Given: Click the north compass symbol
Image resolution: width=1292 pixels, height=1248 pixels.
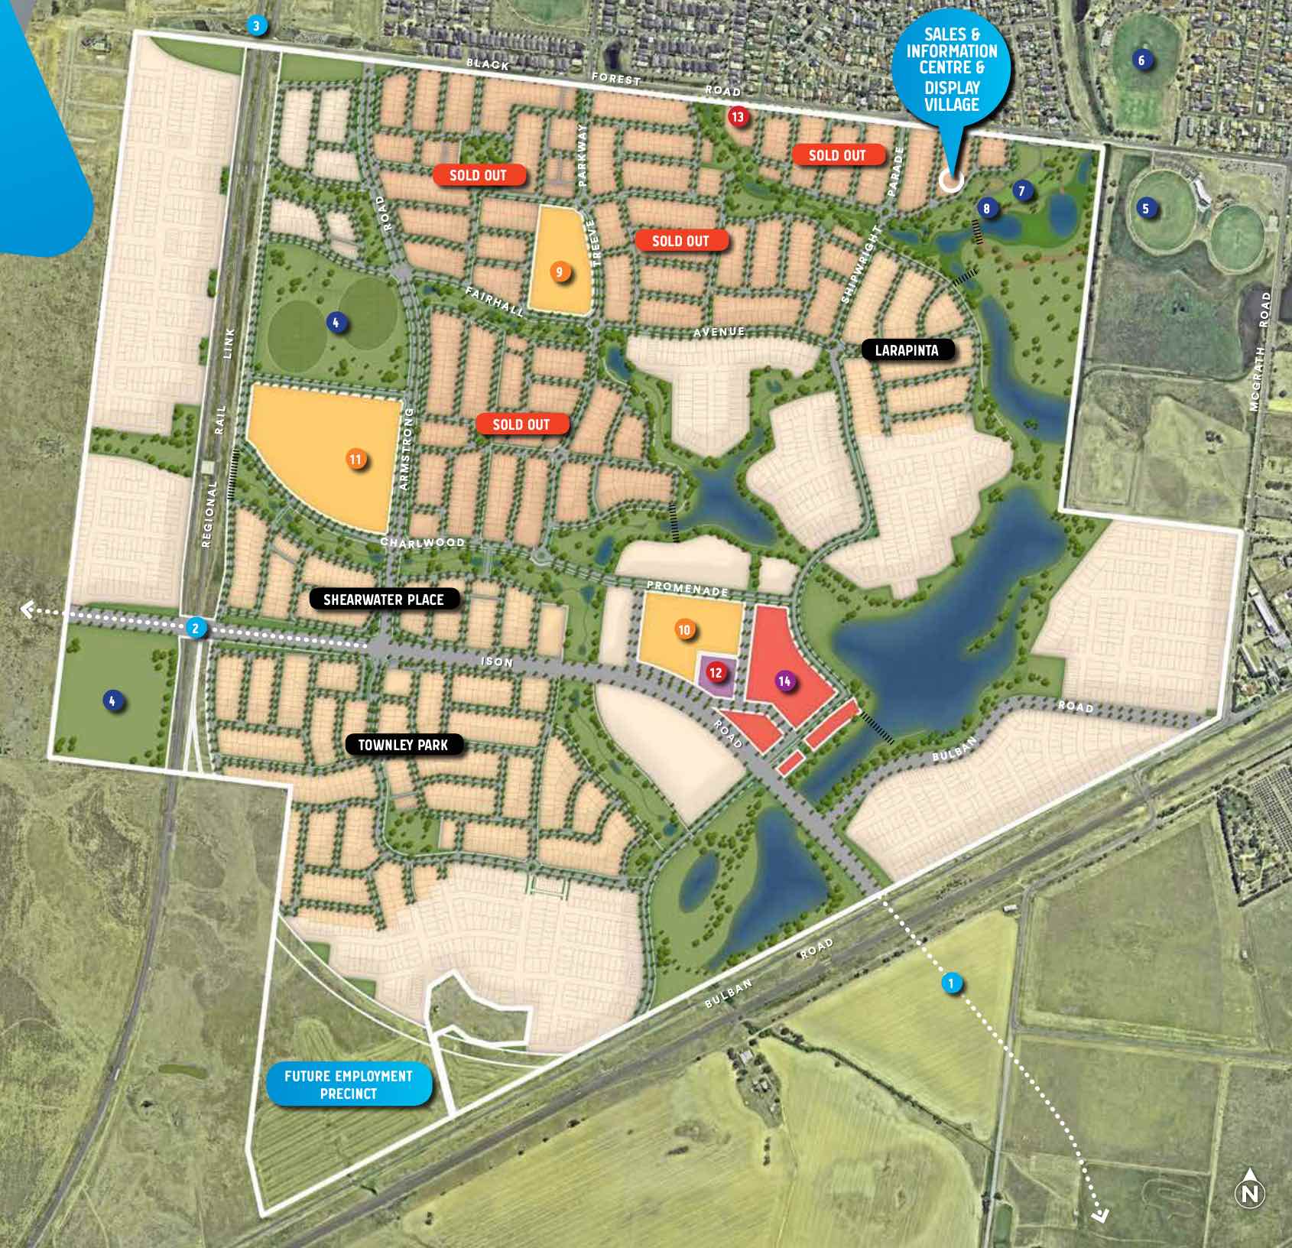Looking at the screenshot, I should coord(1250,1193).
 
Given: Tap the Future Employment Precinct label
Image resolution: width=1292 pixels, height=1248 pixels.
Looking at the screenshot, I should coord(349,1084).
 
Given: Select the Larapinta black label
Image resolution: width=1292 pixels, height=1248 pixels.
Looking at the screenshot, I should coord(906,350).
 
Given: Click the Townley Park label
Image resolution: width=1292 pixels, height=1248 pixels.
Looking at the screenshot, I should coord(403,744).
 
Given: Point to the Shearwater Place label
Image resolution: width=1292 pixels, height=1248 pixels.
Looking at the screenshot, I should coord(384,600).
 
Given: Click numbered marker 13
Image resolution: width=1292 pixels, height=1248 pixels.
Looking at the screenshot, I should coord(737,117).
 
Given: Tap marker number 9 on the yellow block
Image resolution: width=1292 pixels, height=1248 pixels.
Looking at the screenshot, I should coord(560,272).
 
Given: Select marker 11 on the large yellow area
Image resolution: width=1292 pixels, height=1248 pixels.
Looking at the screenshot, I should coord(355,460).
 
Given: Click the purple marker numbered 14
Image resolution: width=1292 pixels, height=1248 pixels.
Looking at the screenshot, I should coord(784,681).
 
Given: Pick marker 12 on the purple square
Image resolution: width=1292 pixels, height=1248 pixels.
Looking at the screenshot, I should coord(716,673).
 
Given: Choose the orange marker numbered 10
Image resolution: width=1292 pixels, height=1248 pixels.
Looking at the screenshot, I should coord(684,630).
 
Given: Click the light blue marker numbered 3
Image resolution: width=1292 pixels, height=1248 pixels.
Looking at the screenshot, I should coord(257,27).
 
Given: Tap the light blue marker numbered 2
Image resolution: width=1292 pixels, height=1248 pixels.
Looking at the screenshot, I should coord(196,629).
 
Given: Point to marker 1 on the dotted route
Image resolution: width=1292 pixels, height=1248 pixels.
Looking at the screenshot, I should coord(951,983).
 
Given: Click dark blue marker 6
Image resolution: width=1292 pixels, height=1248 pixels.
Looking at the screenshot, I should coord(1141,60).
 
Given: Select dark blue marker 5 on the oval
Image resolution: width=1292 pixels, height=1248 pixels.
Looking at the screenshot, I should coord(1145,208).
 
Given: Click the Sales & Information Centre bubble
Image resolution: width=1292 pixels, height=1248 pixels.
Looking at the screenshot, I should coord(952,69).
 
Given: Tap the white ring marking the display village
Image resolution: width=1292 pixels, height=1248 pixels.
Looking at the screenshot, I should coord(950,181).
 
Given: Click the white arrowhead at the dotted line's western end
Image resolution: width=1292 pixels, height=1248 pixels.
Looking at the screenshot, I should coord(25,609).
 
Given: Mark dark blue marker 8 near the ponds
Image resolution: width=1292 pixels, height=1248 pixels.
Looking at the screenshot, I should coord(986,209).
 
